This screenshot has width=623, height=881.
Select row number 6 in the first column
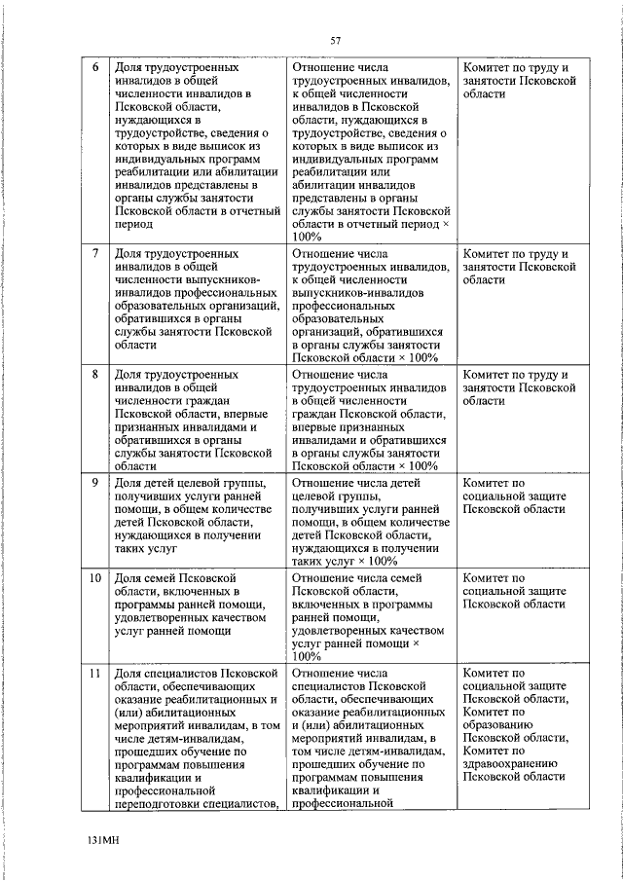coord(94,69)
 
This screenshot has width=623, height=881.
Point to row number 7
coord(94,255)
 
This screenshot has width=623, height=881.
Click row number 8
coord(94,375)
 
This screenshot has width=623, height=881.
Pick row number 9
coord(94,482)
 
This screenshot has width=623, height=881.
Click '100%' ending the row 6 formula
coord(306,236)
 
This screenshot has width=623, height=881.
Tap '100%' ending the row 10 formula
coord(306,656)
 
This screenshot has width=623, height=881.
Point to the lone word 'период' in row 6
coord(134,223)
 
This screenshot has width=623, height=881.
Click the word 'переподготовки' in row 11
coord(161,803)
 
